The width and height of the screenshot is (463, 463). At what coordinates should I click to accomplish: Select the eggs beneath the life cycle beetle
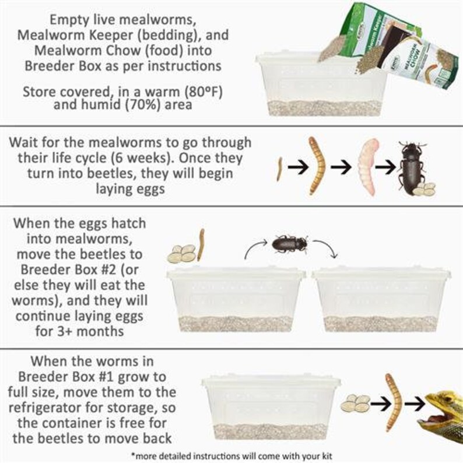click(x=425, y=189)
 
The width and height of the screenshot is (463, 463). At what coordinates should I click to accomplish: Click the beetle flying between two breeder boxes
click(x=290, y=243)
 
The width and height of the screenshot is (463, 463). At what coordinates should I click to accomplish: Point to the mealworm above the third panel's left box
click(x=202, y=244)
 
